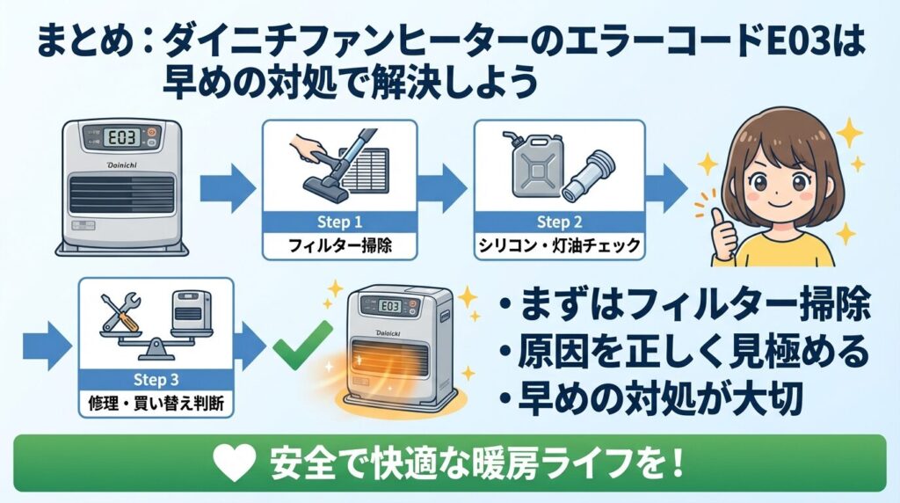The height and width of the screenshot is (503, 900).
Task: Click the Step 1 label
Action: coord(338,220)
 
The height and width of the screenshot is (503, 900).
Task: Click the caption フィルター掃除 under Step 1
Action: coord(339,245)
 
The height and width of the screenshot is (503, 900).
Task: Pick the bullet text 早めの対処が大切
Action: coord(654,400)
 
